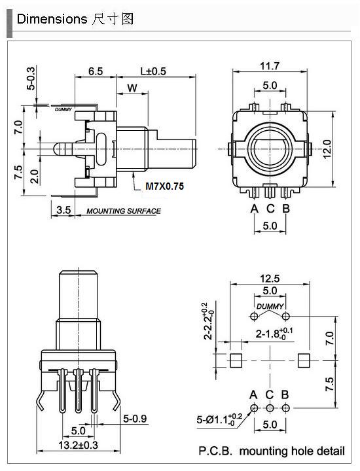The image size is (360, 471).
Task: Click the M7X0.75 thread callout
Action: (x=164, y=186)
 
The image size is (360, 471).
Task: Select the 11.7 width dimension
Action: (x=270, y=66)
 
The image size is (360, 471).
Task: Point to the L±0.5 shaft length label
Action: (x=153, y=71)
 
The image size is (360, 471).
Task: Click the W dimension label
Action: (x=132, y=88)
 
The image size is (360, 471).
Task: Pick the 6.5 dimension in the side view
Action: (x=96, y=71)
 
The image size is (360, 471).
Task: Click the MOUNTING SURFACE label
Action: (x=124, y=211)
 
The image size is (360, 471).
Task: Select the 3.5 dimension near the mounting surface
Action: (x=63, y=210)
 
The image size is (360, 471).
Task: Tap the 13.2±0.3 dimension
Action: (x=78, y=445)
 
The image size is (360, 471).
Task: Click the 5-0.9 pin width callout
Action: (x=135, y=418)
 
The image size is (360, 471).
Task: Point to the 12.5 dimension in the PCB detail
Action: (x=270, y=279)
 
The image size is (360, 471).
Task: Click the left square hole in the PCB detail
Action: (x=236, y=360)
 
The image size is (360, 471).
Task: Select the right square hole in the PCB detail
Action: (x=304, y=360)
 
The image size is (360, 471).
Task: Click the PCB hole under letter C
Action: (x=270, y=408)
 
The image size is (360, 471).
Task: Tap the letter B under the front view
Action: (x=286, y=208)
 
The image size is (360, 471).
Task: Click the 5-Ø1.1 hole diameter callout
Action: (x=219, y=419)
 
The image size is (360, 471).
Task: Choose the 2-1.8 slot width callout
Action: (x=274, y=334)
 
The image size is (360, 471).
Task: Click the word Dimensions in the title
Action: (x=52, y=19)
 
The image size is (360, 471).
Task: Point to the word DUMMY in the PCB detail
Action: (x=270, y=306)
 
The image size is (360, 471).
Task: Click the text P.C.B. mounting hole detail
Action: (x=272, y=451)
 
